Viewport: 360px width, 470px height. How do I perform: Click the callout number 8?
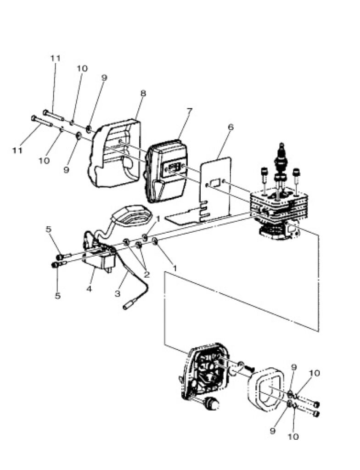pos(143,93)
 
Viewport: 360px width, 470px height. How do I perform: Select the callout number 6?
pos(230,127)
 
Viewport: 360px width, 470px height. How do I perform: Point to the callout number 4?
pos(89,289)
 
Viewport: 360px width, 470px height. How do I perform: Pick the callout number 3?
pos(118,293)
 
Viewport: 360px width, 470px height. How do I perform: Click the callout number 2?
pos(147,274)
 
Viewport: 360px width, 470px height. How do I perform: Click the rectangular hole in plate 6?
pos(215,182)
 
